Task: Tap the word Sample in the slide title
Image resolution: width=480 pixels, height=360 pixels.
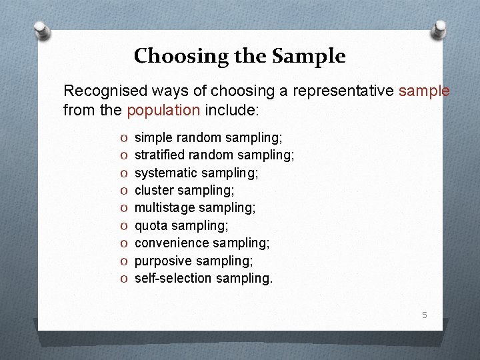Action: (309, 56)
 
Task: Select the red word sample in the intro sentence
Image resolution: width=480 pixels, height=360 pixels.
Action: (424, 91)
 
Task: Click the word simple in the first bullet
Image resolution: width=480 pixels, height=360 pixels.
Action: (153, 137)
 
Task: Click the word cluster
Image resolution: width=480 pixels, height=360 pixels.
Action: (153, 190)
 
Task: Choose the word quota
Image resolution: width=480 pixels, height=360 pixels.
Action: (151, 225)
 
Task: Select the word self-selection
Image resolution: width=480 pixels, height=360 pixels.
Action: (170, 278)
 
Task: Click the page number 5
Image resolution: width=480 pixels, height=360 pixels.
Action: (424, 314)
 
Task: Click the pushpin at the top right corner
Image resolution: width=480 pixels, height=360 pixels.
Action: (439, 27)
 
